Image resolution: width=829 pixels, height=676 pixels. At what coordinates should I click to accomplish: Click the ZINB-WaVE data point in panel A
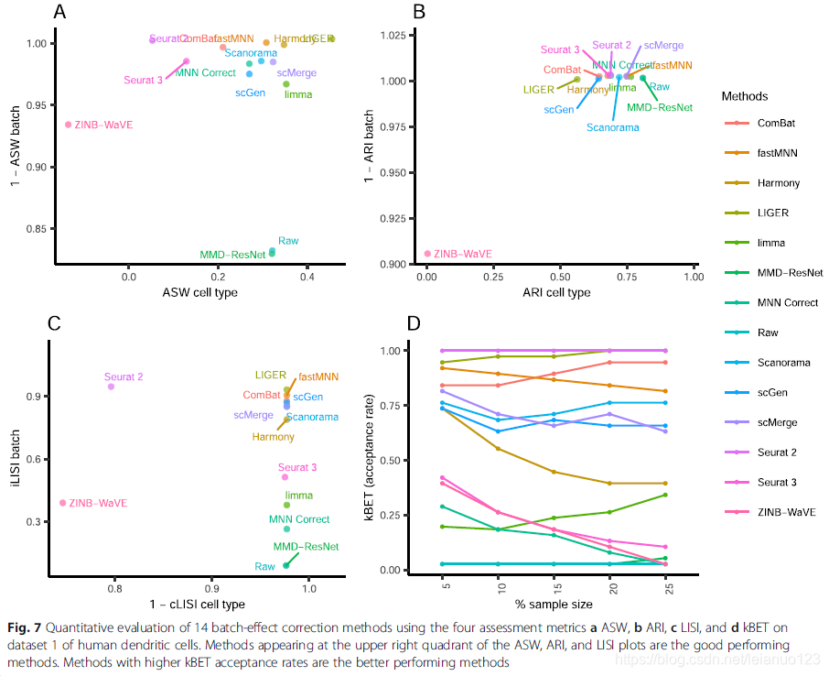pos(68,125)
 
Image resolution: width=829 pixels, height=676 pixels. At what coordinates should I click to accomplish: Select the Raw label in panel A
pos(288,241)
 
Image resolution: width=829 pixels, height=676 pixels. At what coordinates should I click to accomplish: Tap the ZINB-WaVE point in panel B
pos(427,254)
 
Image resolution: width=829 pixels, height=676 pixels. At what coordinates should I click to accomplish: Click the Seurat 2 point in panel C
pos(111,387)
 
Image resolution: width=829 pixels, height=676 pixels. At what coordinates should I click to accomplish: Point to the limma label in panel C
pos(299,496)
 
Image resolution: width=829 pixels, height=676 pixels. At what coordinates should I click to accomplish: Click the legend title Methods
pos(745,96)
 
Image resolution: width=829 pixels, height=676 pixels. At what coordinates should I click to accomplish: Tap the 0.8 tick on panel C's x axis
pos(114,580)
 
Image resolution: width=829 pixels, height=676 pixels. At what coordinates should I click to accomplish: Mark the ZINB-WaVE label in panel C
pos(98,503)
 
